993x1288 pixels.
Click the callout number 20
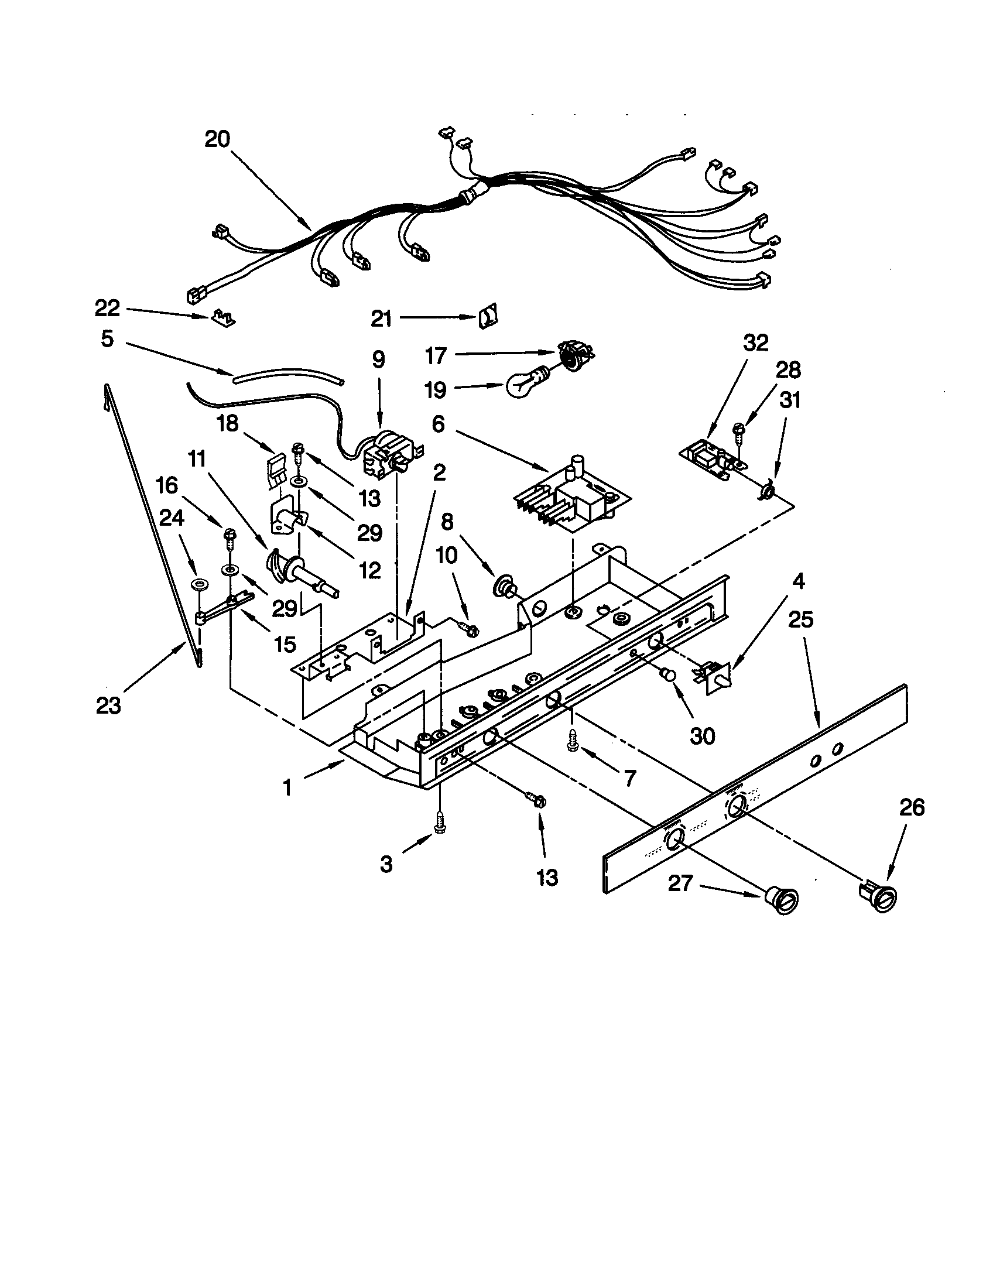pos(217,140)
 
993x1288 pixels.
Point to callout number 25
pos(800,620)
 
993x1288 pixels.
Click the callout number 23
pos(108,705)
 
